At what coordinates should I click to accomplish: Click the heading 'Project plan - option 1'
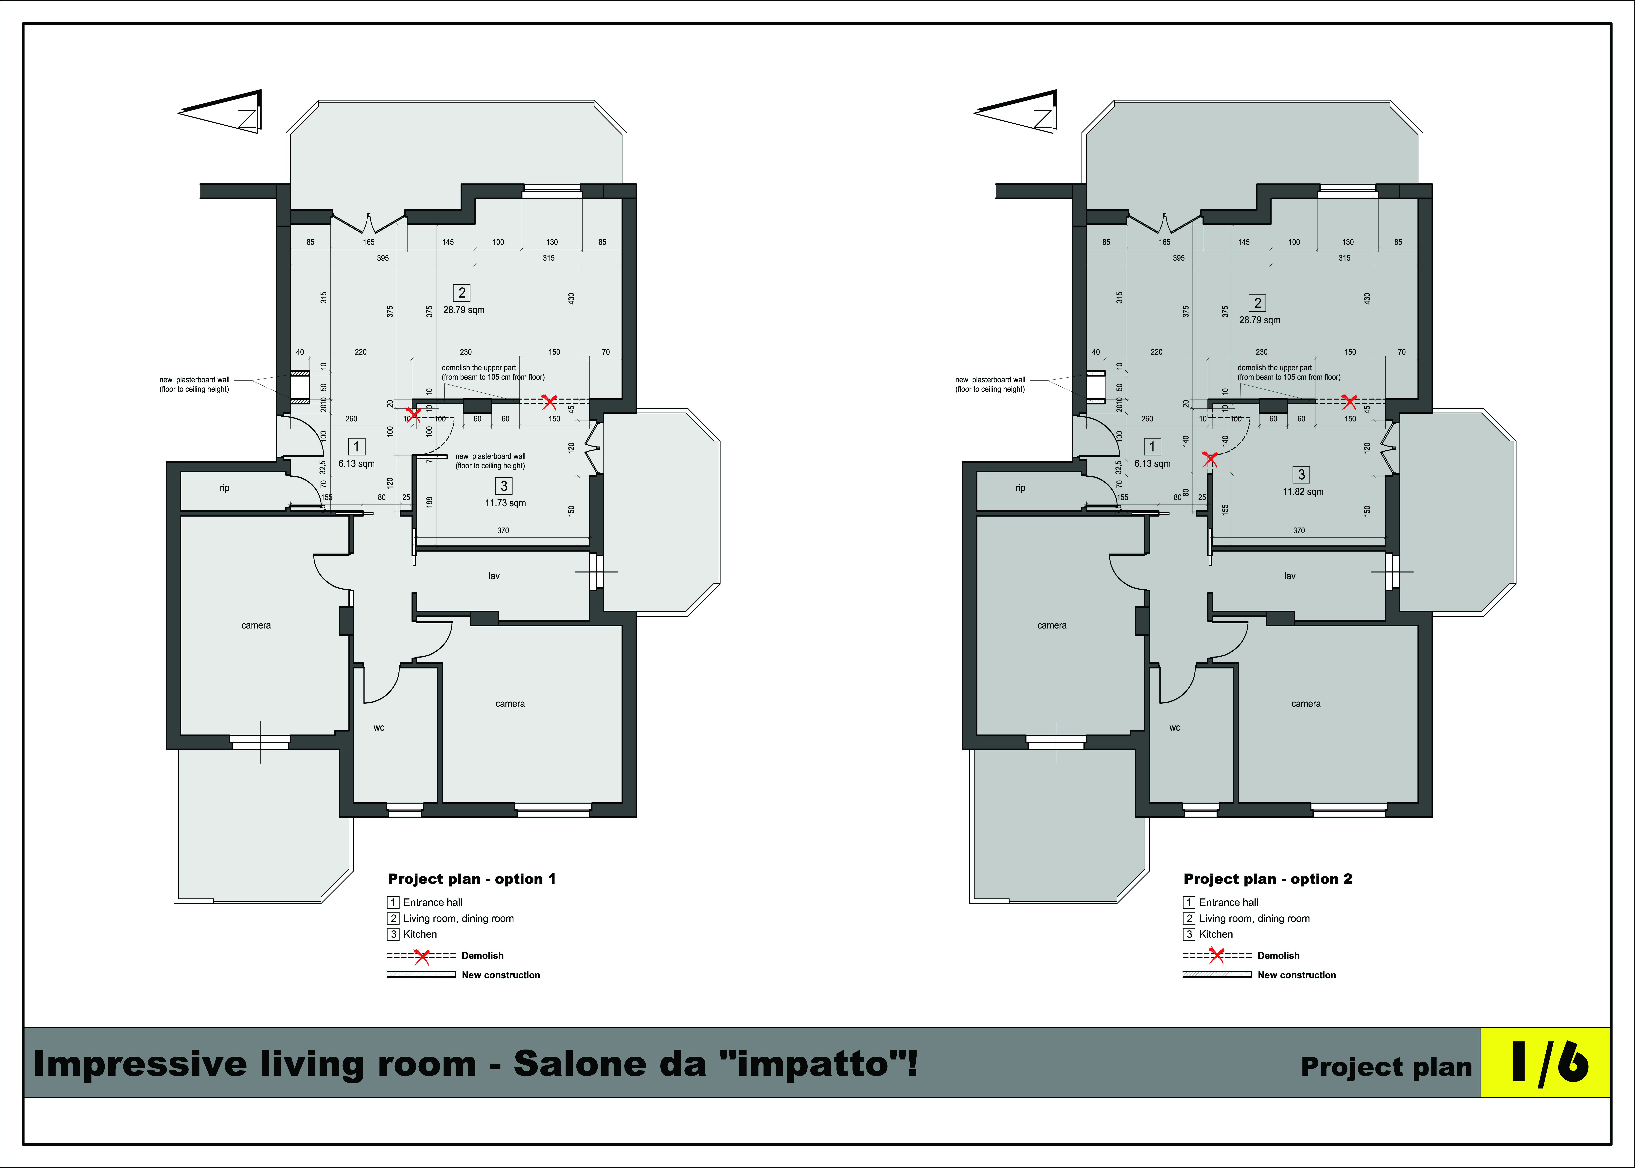472,879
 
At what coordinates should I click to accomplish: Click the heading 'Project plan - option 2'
1268,879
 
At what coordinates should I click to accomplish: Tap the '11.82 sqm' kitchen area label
1303,492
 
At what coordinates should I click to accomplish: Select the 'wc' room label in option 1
379,728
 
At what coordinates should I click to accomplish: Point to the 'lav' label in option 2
1290,576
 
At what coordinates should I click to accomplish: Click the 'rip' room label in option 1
224,488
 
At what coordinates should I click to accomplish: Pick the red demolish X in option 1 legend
422,956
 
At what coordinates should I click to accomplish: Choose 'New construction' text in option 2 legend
1296,975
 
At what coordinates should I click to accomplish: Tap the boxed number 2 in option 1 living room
462,293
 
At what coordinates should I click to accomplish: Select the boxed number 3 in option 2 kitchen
1301,475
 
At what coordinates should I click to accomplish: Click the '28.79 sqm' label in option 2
1260,320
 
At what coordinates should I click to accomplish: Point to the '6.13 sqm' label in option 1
357,464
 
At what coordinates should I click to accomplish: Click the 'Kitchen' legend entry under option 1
420,934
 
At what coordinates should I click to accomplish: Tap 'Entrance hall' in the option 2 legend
1229,903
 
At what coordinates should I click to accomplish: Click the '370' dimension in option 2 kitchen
1298,531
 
